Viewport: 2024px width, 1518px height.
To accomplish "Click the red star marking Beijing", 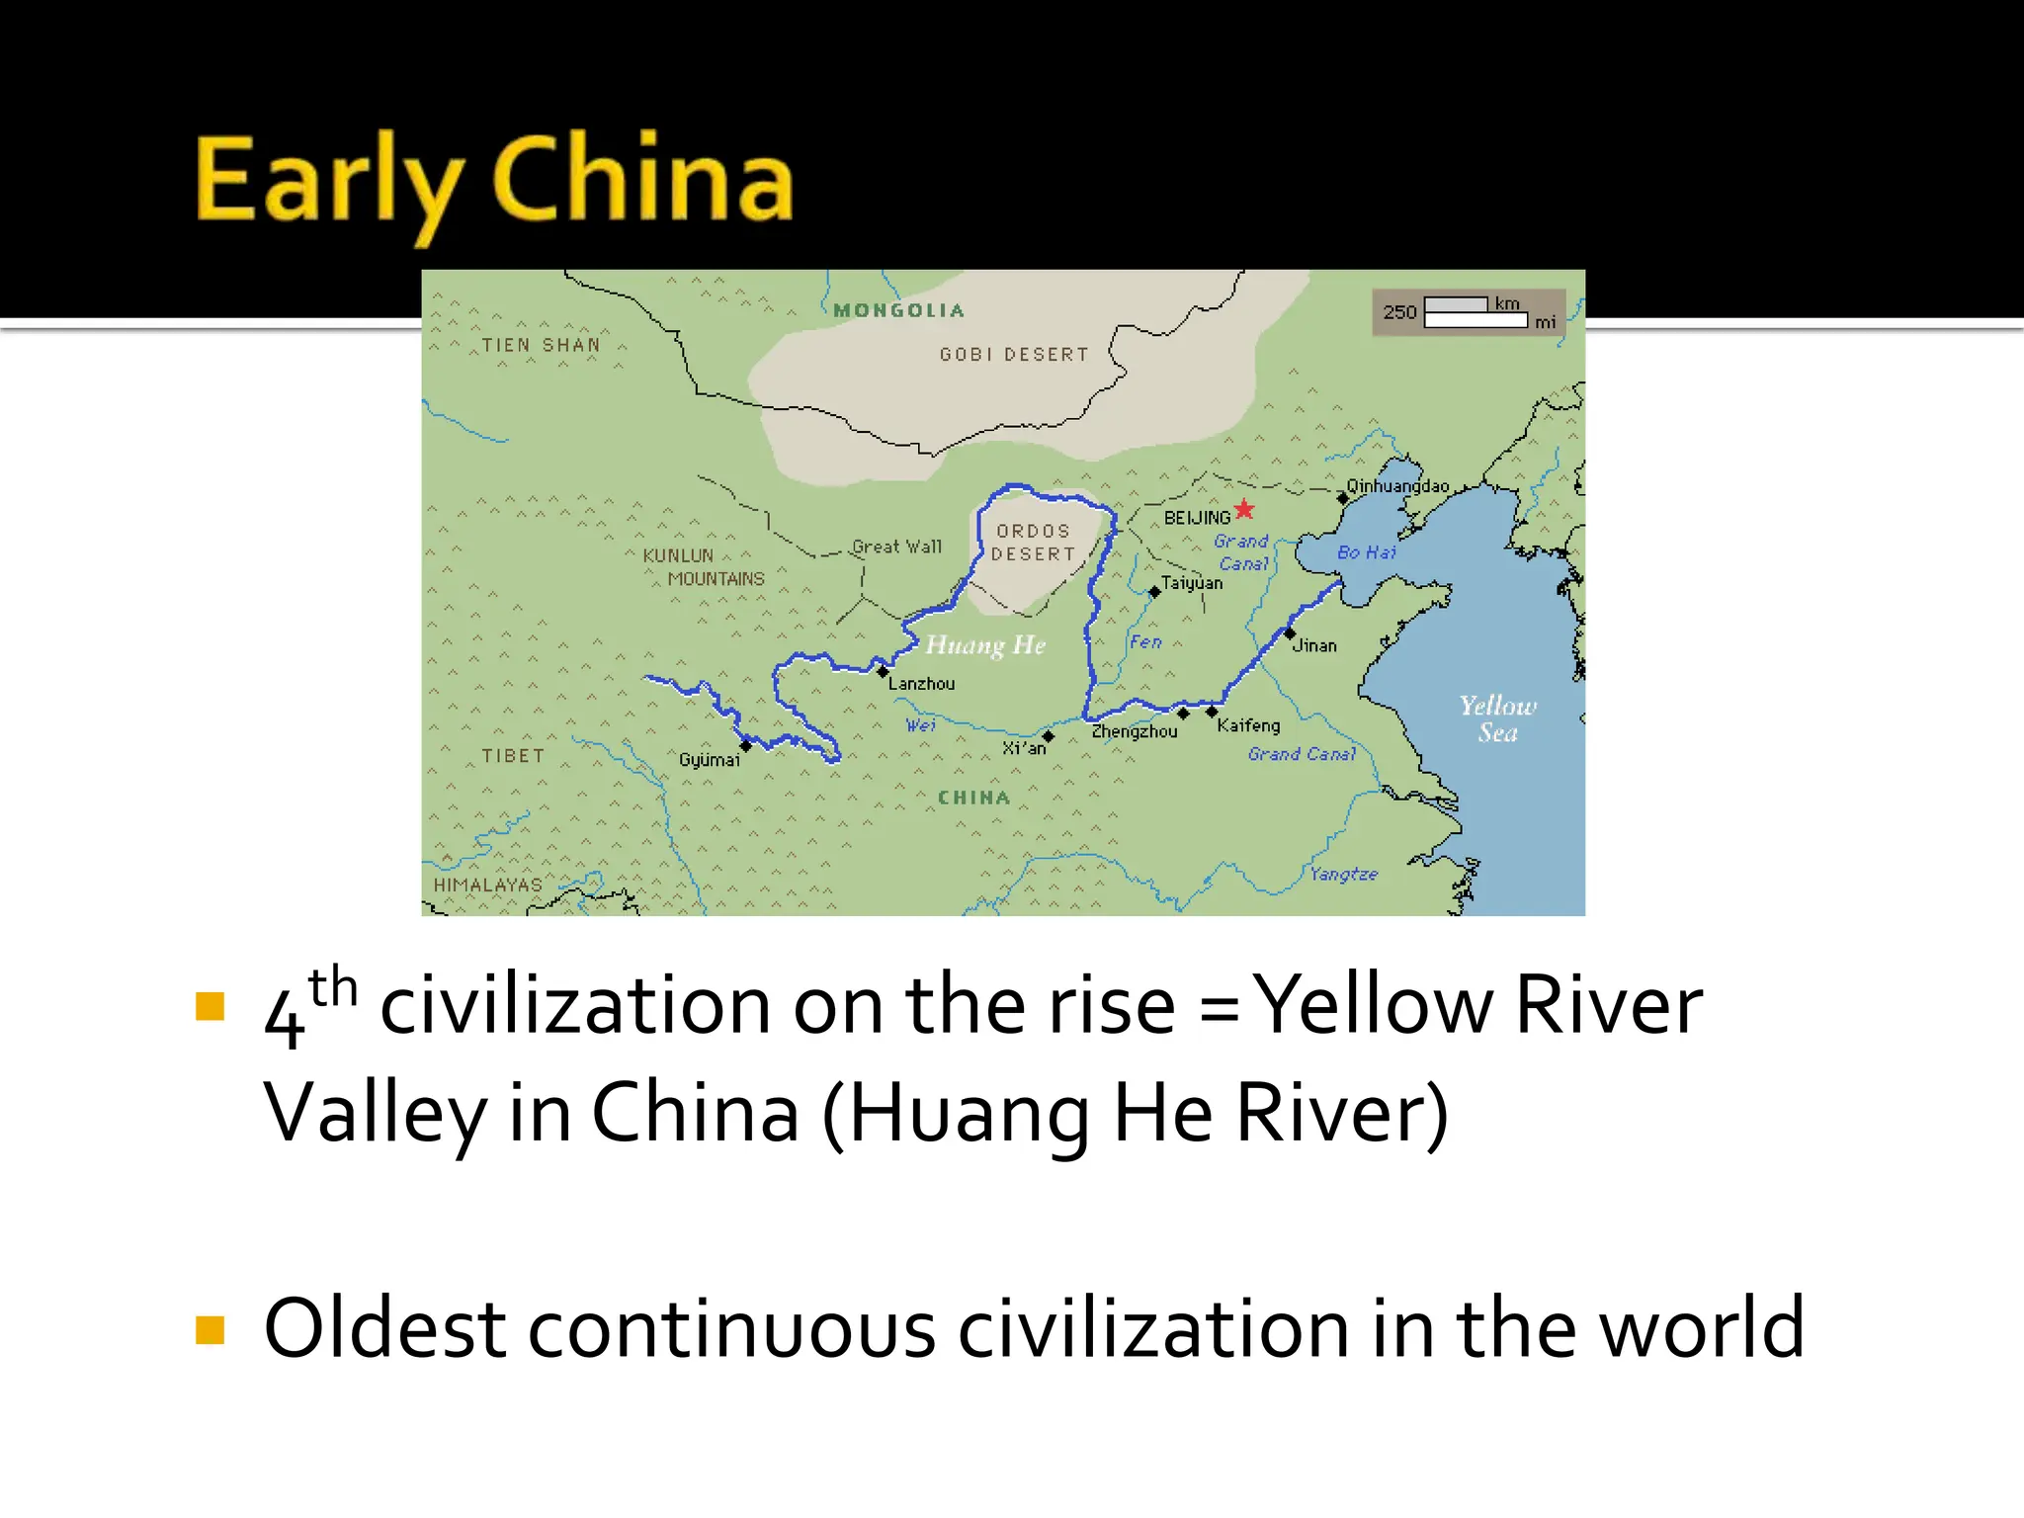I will point(1244,510).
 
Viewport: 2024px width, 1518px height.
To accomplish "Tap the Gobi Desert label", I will point(1014,355).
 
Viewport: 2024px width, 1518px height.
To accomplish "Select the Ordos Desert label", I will point(1033,543).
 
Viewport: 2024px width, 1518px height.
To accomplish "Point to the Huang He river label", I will point(984,645).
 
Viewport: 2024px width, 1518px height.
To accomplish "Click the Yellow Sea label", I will point(1498,718).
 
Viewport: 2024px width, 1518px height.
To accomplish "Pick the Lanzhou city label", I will point(921,684).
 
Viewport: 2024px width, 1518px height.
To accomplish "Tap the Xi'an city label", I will point(1024,748).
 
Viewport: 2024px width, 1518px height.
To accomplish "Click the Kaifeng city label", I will point(1248,725).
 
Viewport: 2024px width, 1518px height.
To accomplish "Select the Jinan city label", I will point(1314,646).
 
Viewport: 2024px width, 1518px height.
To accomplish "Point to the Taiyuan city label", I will point(1192,583).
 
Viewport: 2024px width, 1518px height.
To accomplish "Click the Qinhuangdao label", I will point(1397,486).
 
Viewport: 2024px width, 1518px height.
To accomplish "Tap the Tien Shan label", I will point(541,345).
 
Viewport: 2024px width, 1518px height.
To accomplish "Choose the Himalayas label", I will point(488,885).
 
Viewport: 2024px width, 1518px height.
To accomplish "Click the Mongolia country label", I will point(898,310).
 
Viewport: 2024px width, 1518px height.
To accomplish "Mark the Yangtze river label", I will point(1343,874).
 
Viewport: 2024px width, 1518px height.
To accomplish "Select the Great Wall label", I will point(896,547).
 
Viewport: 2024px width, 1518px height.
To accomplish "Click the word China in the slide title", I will point(642,180).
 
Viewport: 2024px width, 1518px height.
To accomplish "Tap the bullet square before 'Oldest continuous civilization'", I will point(211,1330).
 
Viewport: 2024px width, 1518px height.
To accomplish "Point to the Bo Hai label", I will point(1367,552).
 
